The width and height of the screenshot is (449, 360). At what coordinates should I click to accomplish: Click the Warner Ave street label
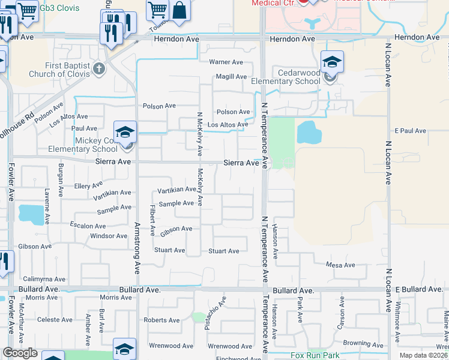click(x=226, y=62)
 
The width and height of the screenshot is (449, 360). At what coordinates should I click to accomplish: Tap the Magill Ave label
click(x=232, y=77)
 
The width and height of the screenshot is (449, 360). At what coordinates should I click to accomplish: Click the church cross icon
click(x=100, y=69)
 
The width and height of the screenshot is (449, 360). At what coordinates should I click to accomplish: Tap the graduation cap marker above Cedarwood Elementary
click(x=331, y=61)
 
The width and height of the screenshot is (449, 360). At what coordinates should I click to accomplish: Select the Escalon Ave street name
click(x=88, y=226)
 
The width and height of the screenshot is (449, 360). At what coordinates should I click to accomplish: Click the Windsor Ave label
click(x=109, y=236)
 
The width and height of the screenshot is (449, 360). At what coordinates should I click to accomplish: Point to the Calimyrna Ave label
click(x=43, y=279)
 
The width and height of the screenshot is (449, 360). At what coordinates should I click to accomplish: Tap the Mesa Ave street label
click(x=340, y=265)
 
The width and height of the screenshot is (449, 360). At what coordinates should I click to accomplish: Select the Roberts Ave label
click(x=162, y=320)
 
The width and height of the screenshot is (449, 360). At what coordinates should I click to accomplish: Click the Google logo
click(x=20, y=353)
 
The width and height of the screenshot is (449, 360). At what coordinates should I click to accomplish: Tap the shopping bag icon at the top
click(x=179, y=10)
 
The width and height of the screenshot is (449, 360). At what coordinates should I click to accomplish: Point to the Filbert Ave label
click(x=152, y=220)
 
